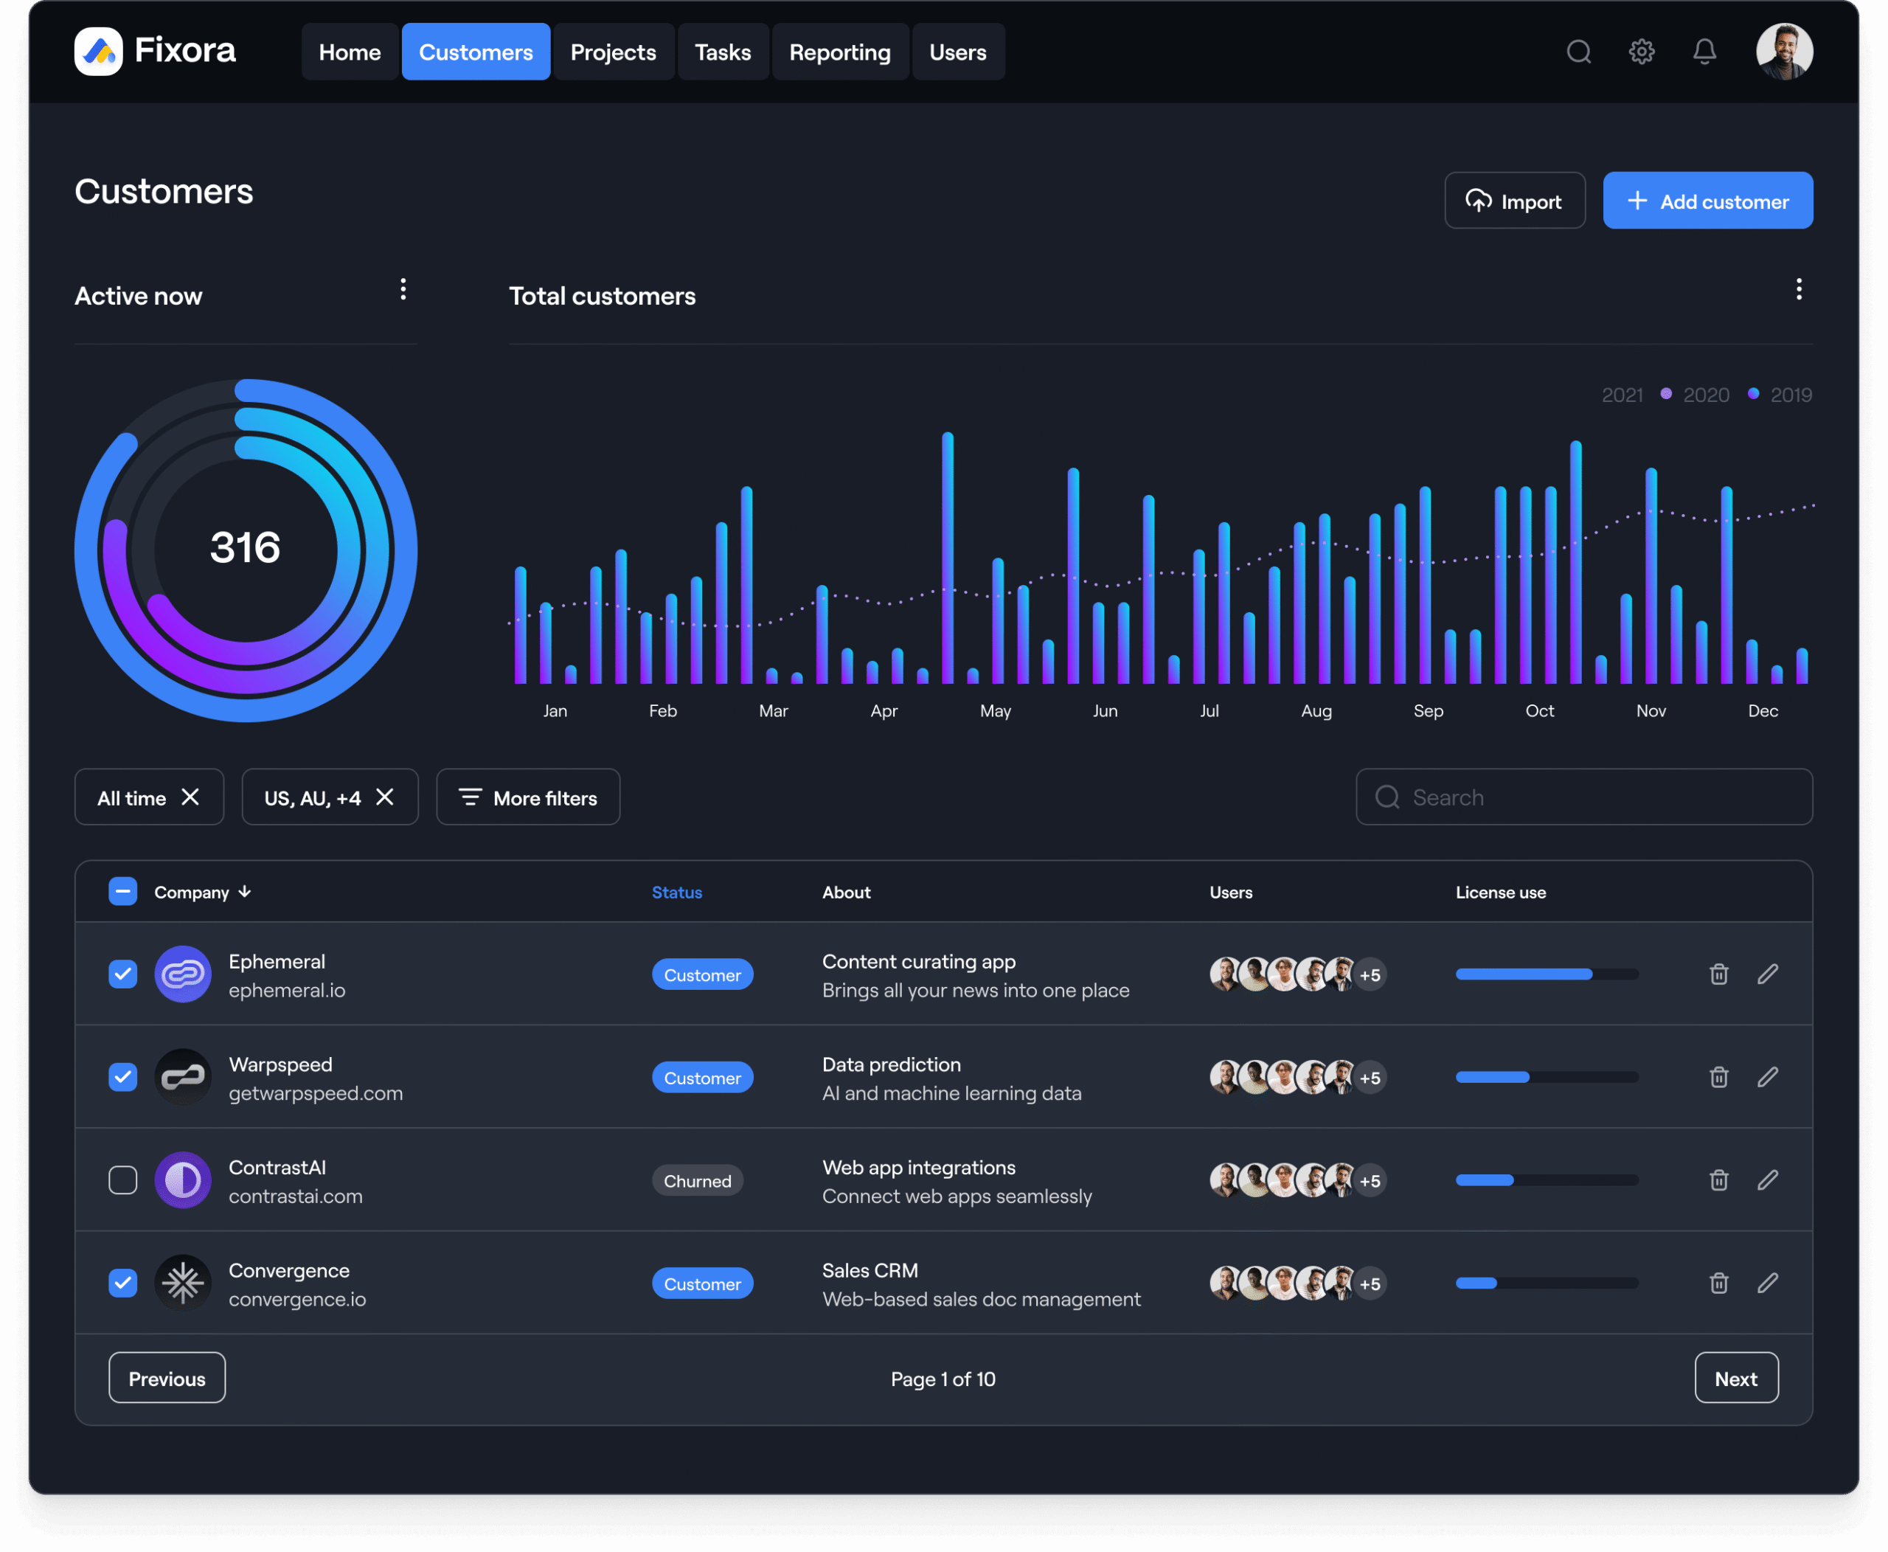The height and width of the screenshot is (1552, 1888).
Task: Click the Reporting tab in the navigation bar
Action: (x=839, y=52)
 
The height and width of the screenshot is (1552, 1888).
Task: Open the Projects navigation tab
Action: (x=614, y=52)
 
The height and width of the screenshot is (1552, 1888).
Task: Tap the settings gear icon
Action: (x=1641, y=52)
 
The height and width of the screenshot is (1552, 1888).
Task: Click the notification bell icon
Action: (x=1704, y=52)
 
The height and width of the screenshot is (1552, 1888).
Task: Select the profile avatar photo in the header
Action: (x=1783, y=52)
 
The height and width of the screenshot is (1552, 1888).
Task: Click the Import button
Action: (x=1514, y=201)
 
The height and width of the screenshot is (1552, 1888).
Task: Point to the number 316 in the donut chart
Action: (x=245, y=547)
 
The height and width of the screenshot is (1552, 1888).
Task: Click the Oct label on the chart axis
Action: (x=1539, y=711)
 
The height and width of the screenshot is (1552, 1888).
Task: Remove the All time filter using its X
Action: (x=190, y=797)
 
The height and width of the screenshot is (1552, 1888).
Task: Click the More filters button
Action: (x=528, y=797)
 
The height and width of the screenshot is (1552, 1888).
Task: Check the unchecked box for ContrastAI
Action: (x=123, y=1180)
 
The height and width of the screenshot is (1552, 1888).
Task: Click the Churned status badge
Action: (x=697, y=1181)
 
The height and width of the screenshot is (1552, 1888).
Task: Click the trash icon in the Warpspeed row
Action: (x=1718, y=1077)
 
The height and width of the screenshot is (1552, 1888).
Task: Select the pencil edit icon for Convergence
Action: (x=1767, y=1283)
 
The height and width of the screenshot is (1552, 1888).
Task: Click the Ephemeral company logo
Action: (x=183, y=974)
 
